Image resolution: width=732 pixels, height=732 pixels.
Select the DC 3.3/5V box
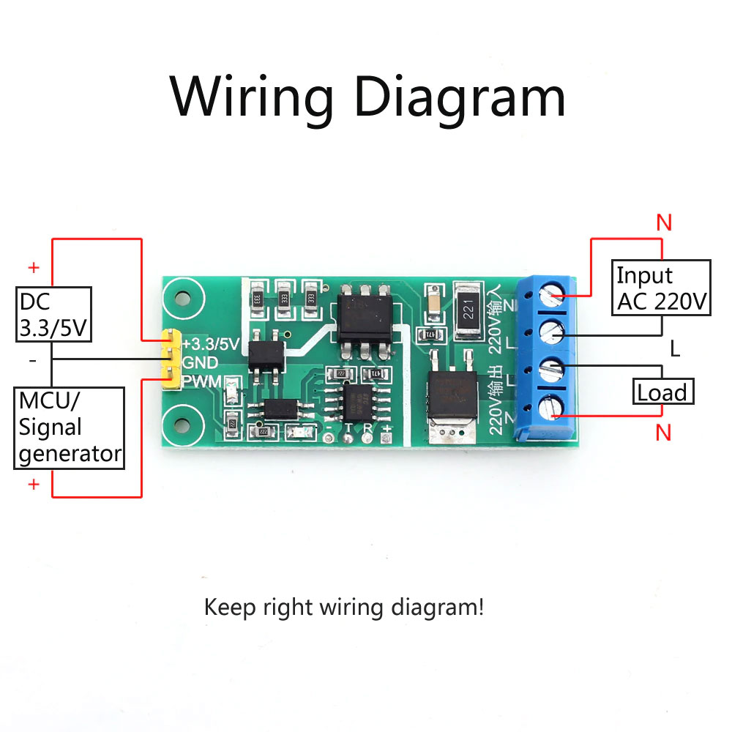pyautogui.click(x=53, y=315)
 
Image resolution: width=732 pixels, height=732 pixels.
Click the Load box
pyautogui.click(x=662, y=392)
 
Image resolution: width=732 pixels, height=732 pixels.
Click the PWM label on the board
pyautogui.click(x=202, y=381)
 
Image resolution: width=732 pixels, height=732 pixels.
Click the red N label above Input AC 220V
pyautogui.click(x=664, y=223)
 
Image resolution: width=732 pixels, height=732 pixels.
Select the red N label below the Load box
pyautogui.click(x=664, y=433)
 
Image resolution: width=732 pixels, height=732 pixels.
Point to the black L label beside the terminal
pyautogui.click(x=675, y=348)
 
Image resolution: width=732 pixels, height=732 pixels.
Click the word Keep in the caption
pyautogui.click(x=228, y=607)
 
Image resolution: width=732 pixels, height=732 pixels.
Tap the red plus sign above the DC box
pyautogui.click(x=33, y=267)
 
